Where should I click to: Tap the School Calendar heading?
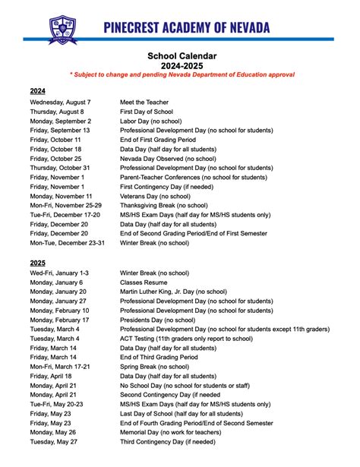point(182,55)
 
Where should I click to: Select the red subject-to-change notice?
point(182,75)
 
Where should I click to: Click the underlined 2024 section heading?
point(38,90)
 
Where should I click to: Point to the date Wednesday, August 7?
point(61,102)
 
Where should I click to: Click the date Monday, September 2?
point(61,121)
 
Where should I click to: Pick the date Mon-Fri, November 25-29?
point(65,205)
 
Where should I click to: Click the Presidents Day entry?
point(157,319)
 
